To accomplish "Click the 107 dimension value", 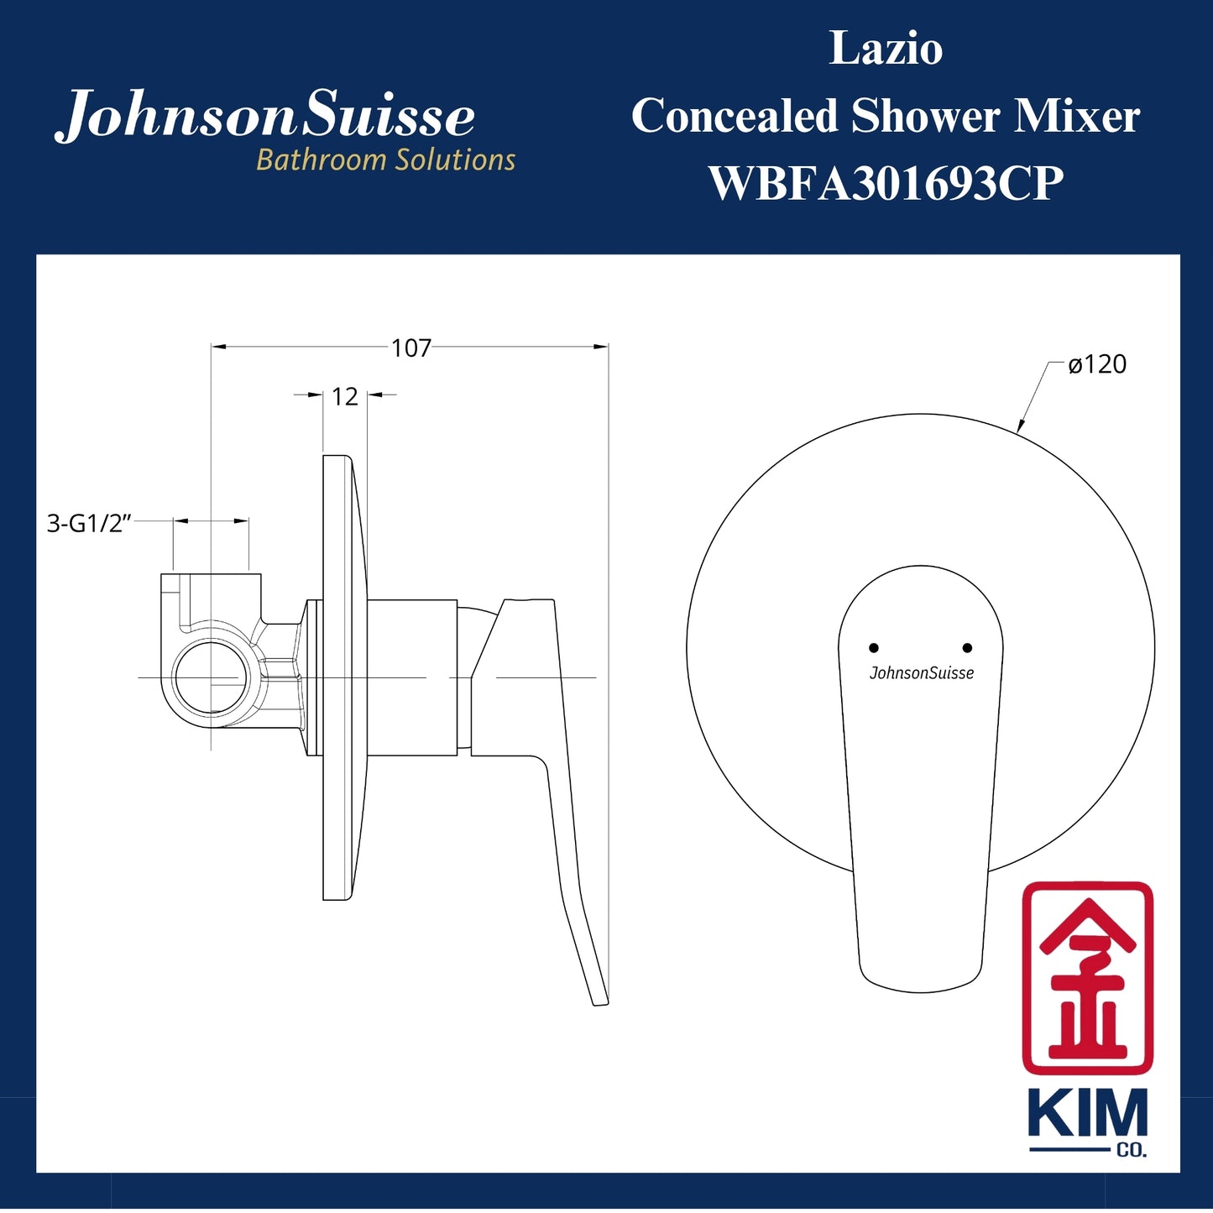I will pyautogui.click(x=410, y=348).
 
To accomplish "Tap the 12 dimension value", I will pyautogui.click(x=345, y=396).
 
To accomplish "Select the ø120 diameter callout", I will pyautogui.click(x=1097, y=364).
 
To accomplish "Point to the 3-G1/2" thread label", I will pyautogui.click(x=90, y=524).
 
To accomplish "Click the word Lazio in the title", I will pyautogui.click(x=886, y=49).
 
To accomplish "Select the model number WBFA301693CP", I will pyautogui.click(x=886, y=183).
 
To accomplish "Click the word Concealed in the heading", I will pyautogui.click(x=735, y=116).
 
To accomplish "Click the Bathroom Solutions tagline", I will pyautogui.click(x=385, y=159).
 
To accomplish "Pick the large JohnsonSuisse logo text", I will pyautogui.click(x=265, y=116).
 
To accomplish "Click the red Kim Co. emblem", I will pyautogui.click(x=1087, y=978).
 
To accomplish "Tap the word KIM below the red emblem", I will pyautogui.click(x=1087, y=1114).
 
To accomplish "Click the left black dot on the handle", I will pyautogui.click(x=874, y=648).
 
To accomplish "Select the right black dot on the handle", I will pyautogui.click(x=967, y=648).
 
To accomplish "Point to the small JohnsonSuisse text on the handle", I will pyautogui.click(x=922, y=673).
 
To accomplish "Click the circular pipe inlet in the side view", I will pyautogui.click(x=210, y=677).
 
